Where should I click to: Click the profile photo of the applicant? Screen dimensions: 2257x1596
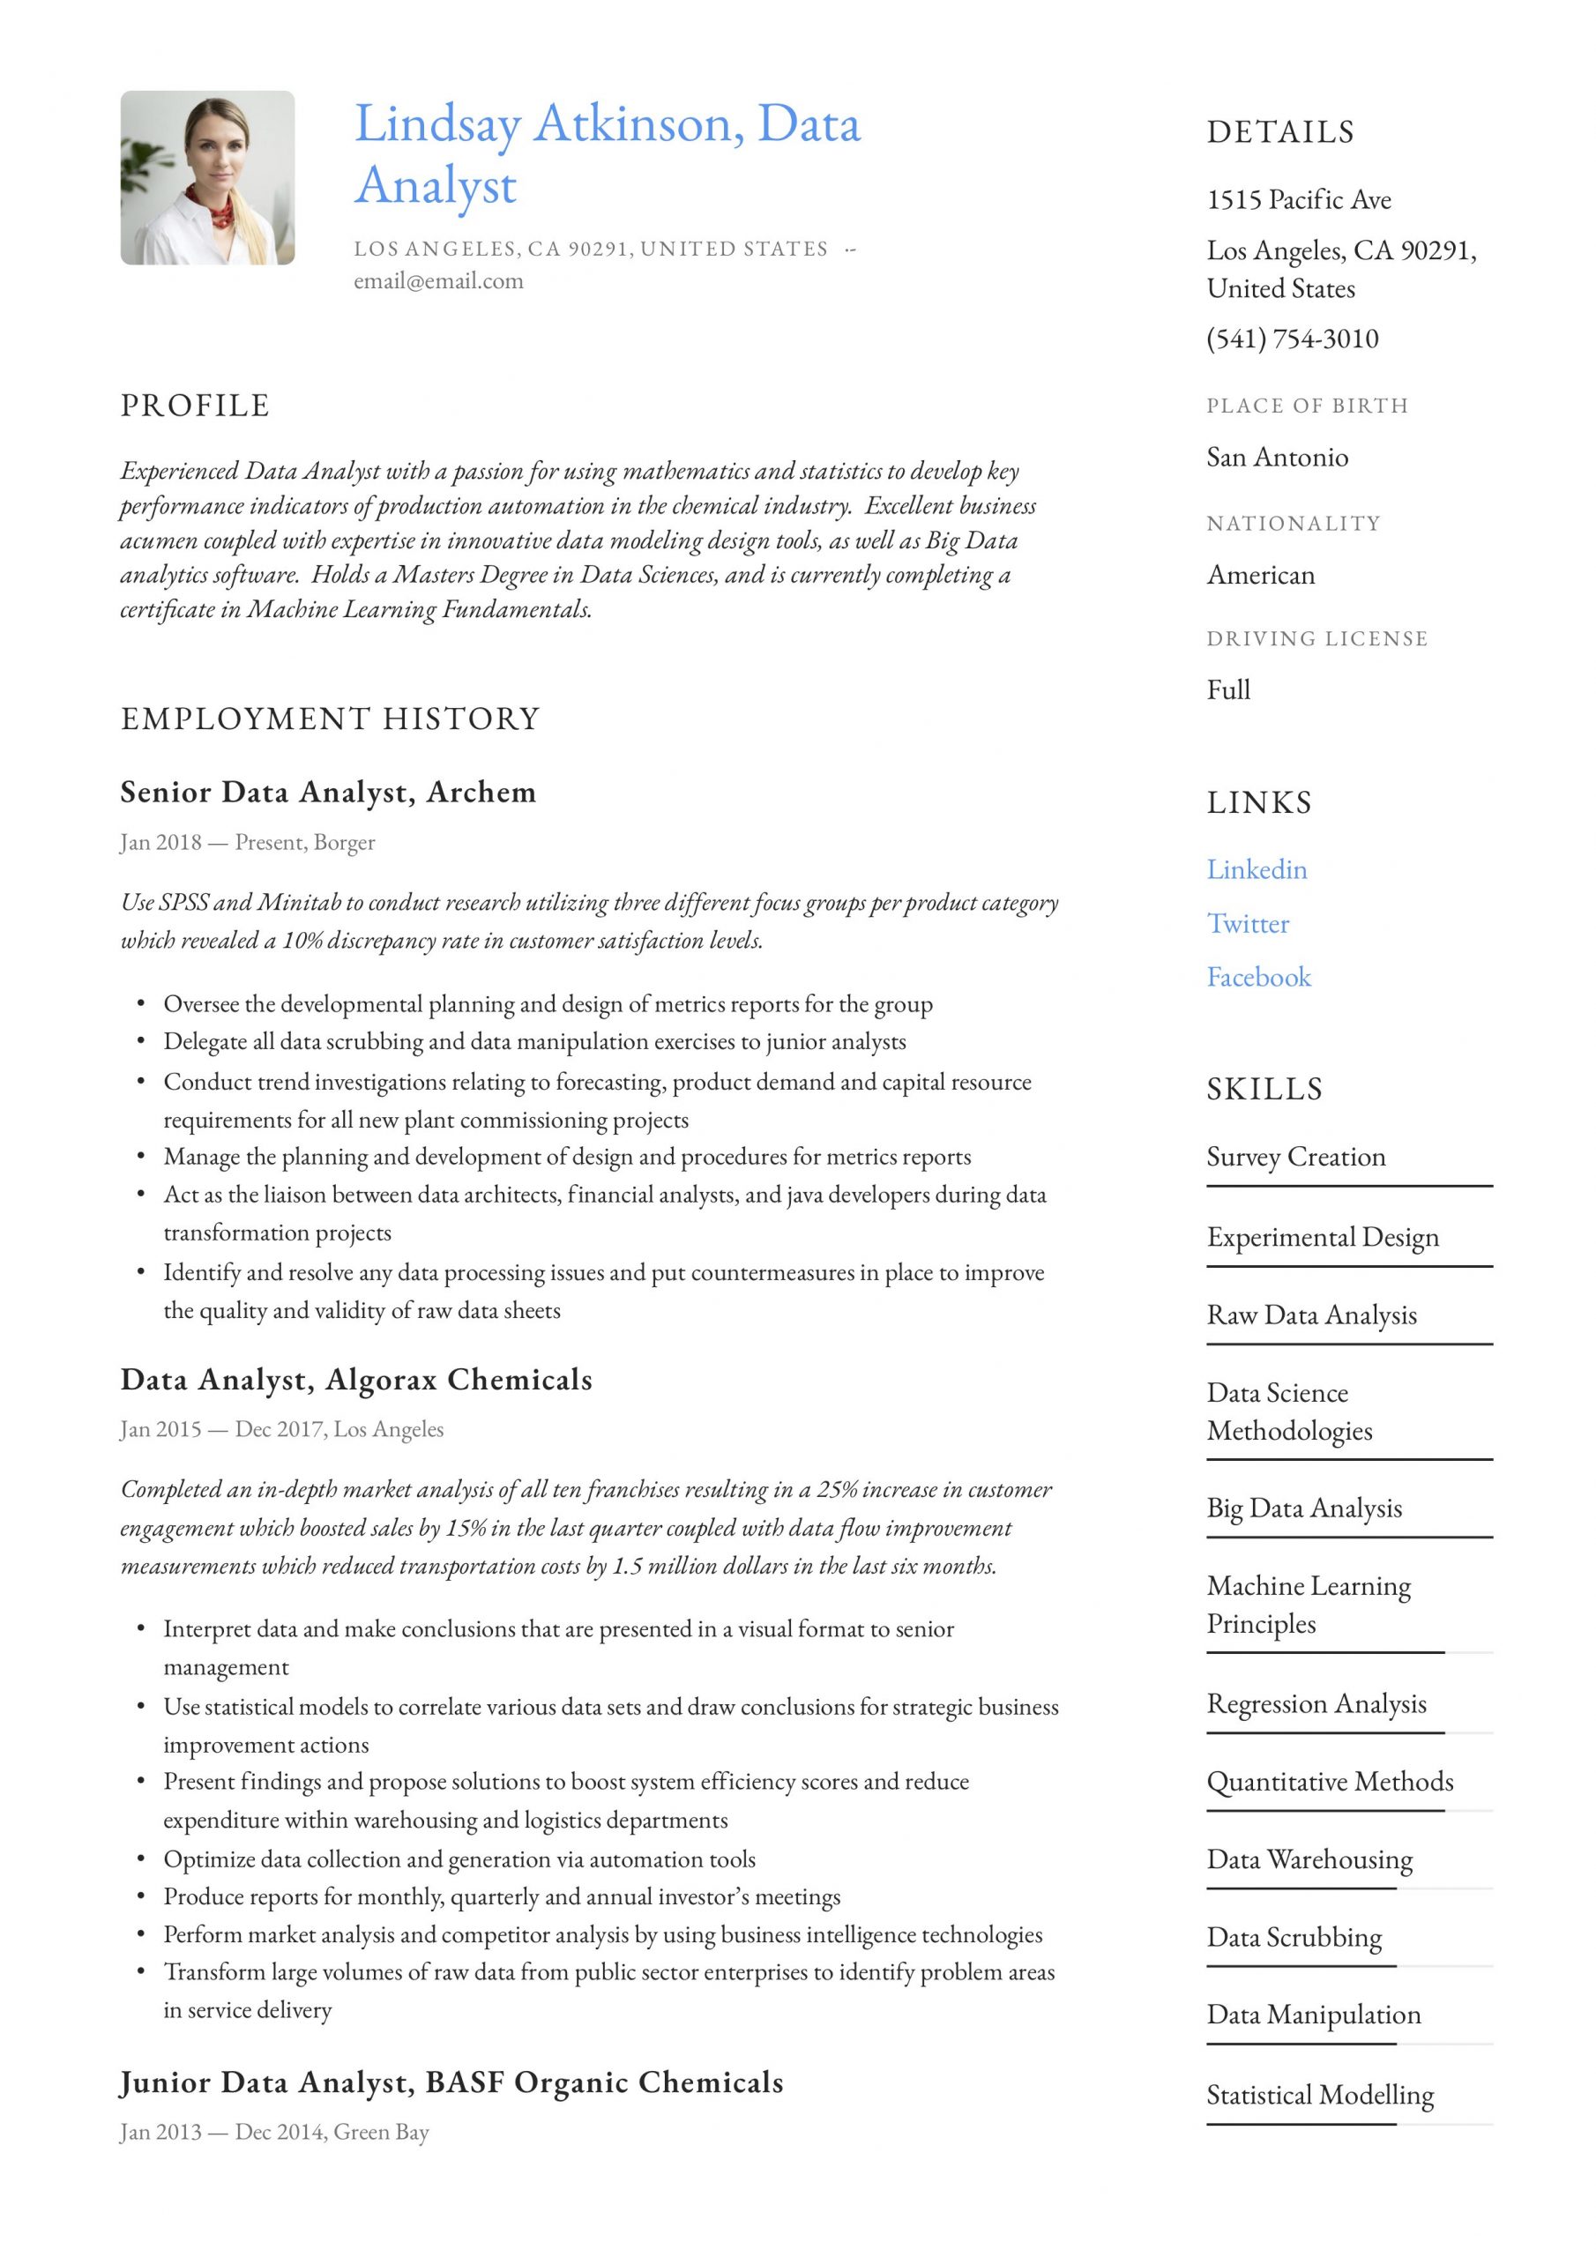tap(207, 178)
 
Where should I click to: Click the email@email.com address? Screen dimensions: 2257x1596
tap(438, 281)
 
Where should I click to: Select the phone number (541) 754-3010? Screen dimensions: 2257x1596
tap(1292, 339)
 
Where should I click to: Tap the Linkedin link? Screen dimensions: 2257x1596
tap(1257, 869)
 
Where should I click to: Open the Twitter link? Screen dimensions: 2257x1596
tap(1248, 923)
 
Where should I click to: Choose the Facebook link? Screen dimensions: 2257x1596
tap(1258, 977)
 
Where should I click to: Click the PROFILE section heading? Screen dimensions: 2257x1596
tap(195, 406)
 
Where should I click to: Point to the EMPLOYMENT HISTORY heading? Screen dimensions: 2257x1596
tap(331, 719)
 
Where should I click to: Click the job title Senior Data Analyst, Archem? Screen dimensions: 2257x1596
tap(328, 793)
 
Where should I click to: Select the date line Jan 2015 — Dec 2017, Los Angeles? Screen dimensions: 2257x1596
tap(282, 1429)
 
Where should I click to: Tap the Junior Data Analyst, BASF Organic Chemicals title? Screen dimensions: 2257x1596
tap(451, 2082)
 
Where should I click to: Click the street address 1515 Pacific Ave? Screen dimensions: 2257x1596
tap(1299, 200)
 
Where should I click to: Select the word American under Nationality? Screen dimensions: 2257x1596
tap(1261, 575)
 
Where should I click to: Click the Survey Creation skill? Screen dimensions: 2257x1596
tap(1296, 1157)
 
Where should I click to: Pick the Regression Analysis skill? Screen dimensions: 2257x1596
tap(1316, 1703)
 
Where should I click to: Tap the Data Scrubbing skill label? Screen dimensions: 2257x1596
tap(1294, 1938)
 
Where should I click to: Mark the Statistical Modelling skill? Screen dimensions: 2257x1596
tap(1320, 2095)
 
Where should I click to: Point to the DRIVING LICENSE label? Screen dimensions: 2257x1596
tap(1316, 639)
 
